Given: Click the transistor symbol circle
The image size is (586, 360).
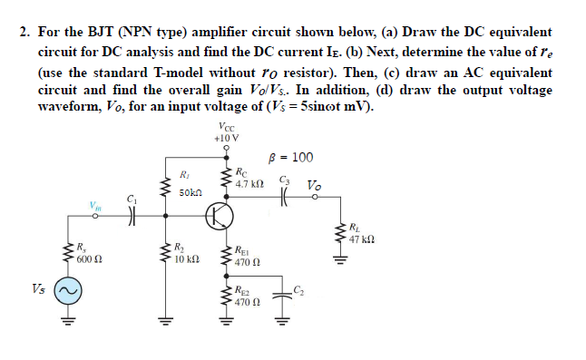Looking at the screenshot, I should click(220, 215).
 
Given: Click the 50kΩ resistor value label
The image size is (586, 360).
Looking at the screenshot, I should click(190, 192).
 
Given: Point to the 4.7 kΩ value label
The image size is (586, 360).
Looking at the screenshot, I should click(249, 183).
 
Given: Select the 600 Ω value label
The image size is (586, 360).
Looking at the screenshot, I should click(88, 258).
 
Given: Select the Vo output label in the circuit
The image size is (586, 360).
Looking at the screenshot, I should click(314, 186).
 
